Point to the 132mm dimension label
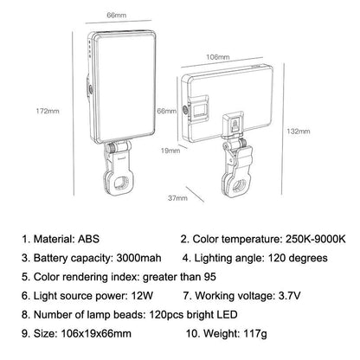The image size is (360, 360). point(298,132)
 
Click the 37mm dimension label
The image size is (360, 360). point(178,198)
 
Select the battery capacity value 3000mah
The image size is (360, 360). point(136,258)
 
